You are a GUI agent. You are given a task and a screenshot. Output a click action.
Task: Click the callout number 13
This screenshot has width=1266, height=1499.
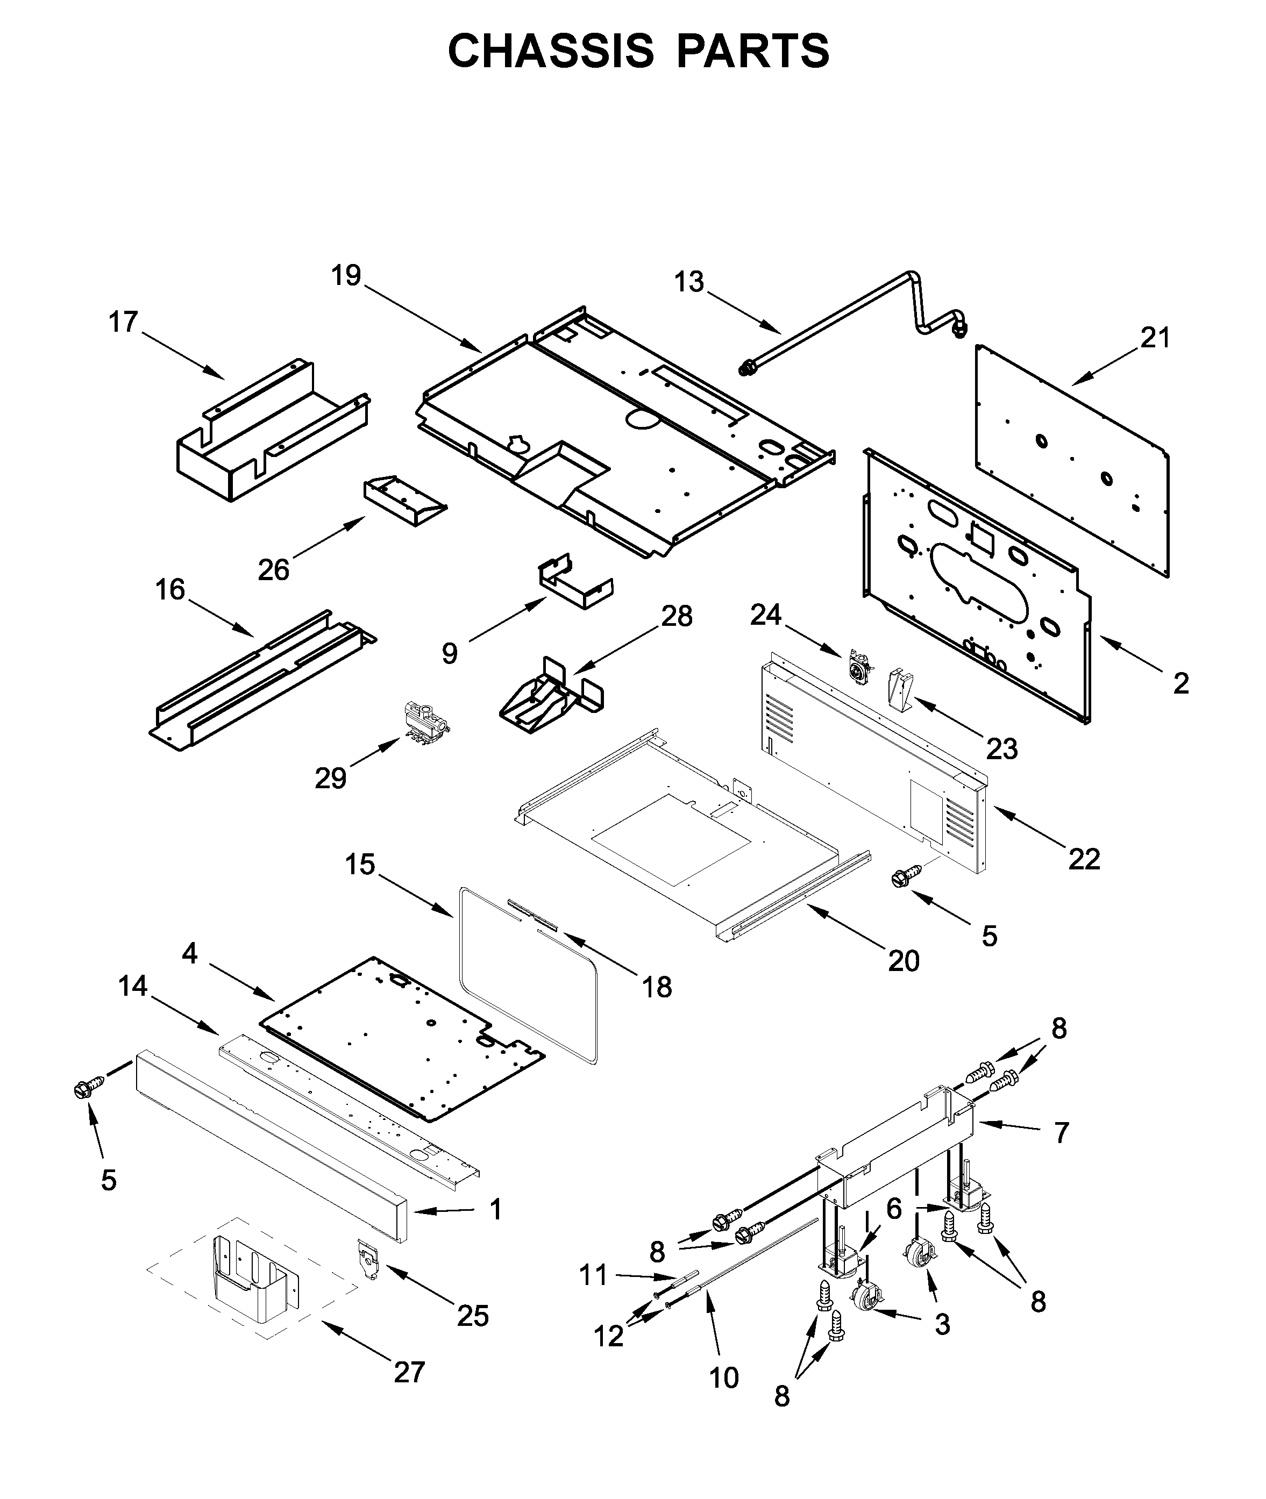[688, 282]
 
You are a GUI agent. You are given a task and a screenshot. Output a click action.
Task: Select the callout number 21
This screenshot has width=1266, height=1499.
[1155, 337]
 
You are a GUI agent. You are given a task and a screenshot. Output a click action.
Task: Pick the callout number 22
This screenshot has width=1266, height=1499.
[1084, 859]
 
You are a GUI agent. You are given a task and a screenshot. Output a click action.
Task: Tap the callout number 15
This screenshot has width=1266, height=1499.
[360, 865]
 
